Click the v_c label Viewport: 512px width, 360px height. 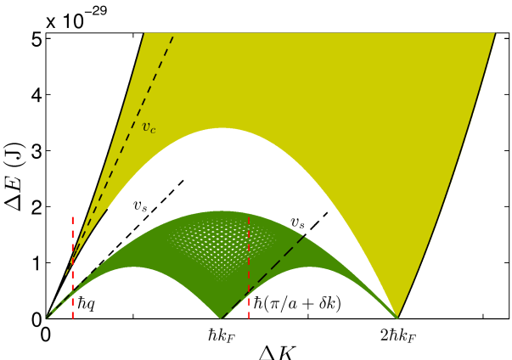coord(149,130)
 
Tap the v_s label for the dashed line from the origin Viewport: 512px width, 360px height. coord(141,205)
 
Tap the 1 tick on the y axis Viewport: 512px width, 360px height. coord(35,263)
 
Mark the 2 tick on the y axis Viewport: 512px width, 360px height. coord(35,207)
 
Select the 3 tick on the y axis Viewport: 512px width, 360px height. coord(35,150)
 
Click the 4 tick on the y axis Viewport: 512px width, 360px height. coord(35,93)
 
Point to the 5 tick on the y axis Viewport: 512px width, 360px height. coord(35,37)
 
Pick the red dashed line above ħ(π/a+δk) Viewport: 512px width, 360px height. coord(248,263)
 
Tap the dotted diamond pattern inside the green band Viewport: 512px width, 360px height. coord(221,246)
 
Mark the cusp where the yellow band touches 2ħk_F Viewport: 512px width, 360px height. coord(397,318)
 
